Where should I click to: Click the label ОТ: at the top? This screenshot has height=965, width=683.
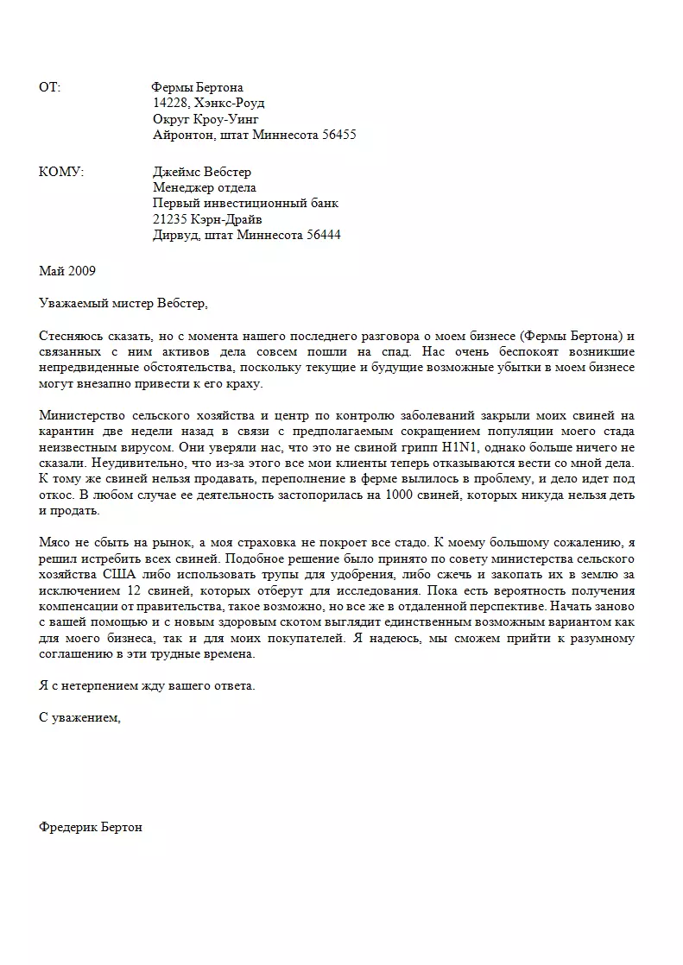[x=49, y=87]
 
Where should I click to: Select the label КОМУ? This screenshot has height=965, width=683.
[x=61, y=173]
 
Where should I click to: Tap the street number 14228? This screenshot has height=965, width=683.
[x=171, y=104]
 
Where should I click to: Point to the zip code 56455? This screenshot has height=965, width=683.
[x=337, y=136]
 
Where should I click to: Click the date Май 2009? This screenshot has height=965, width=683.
[x=67, y=270]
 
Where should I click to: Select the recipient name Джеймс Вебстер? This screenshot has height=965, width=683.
[x=202, y=173]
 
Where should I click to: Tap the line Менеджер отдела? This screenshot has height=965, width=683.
[x=205, y=188]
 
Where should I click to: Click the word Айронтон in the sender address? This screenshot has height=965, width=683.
[x=182, y=136]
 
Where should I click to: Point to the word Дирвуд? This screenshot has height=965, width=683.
[x=175, y=235]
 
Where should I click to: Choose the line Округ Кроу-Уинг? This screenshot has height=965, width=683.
[x=206, y=119]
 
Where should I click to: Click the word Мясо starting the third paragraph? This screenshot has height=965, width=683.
[x=56, y=544]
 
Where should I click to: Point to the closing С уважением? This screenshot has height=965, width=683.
[x=80, y=718]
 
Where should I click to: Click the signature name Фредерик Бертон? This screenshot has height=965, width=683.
[x=91, y=827]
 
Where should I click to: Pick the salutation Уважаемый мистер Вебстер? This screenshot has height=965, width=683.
[x=124, y=302]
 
